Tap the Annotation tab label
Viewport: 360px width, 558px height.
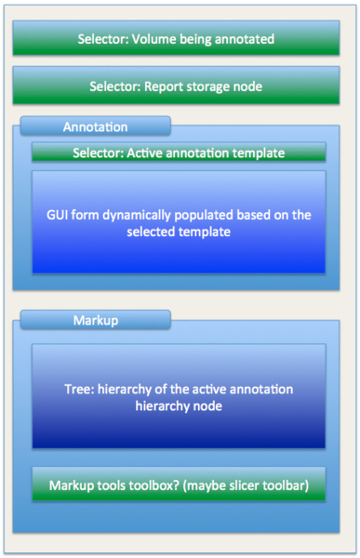pos(95,126)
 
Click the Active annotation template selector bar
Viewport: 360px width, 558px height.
pos(179,153)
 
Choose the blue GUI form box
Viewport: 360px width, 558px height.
pos(179,222)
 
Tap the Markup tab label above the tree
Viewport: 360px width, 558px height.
pos(95,321)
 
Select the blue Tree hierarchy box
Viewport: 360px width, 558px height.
pos(179,396)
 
